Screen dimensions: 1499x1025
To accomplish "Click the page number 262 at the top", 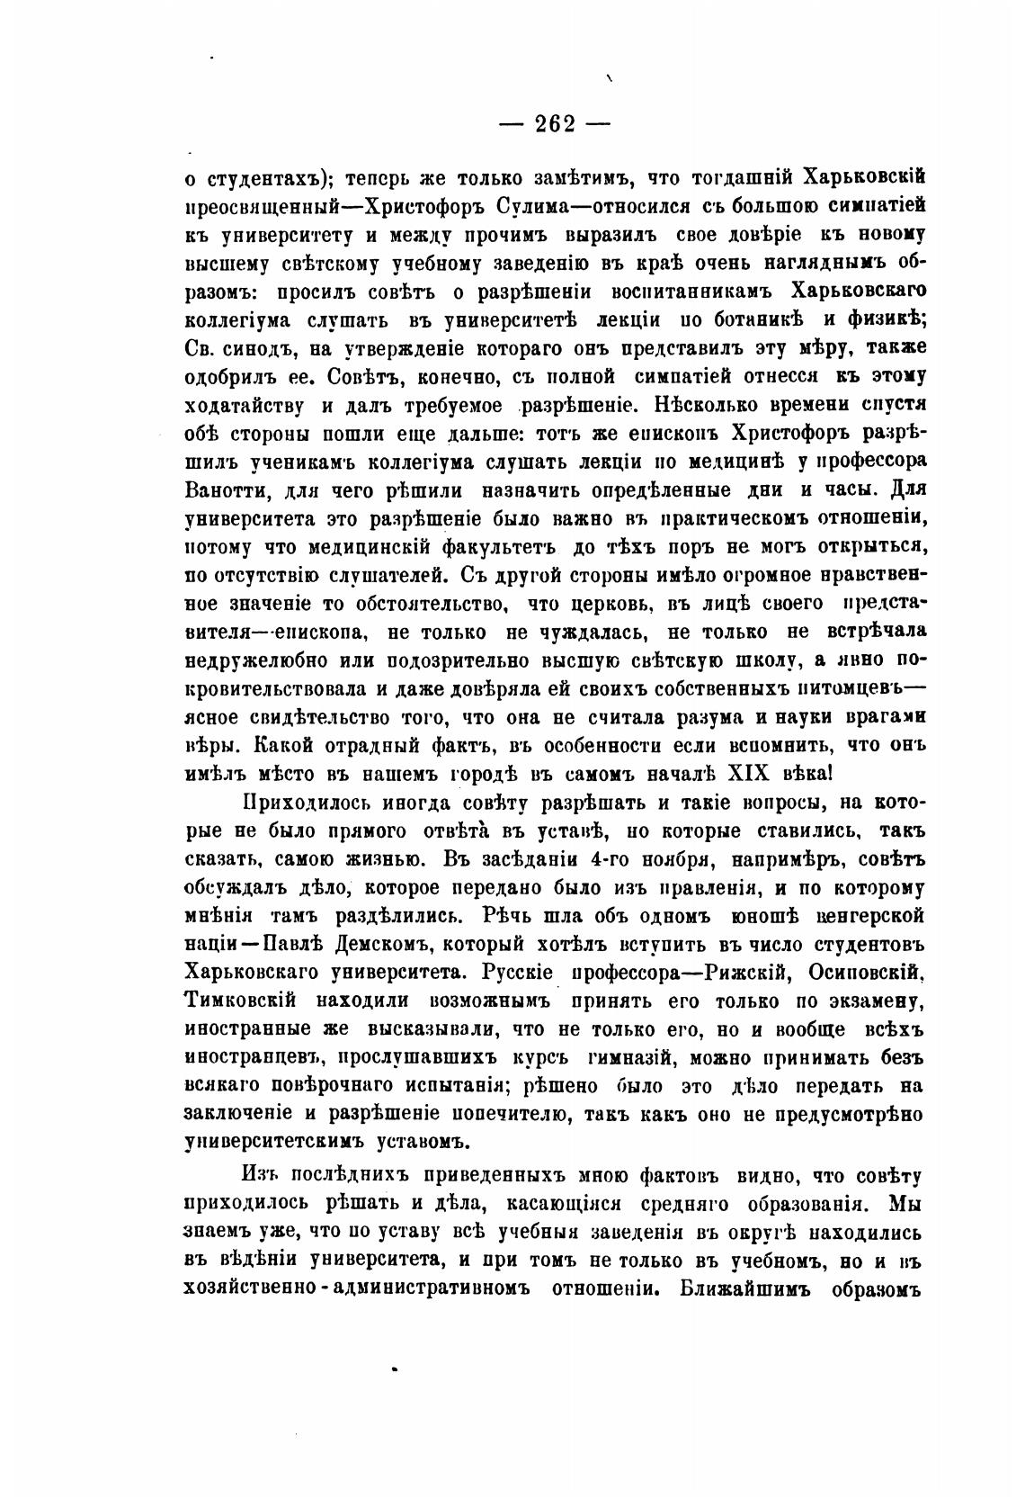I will click(x=555, y=123).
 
